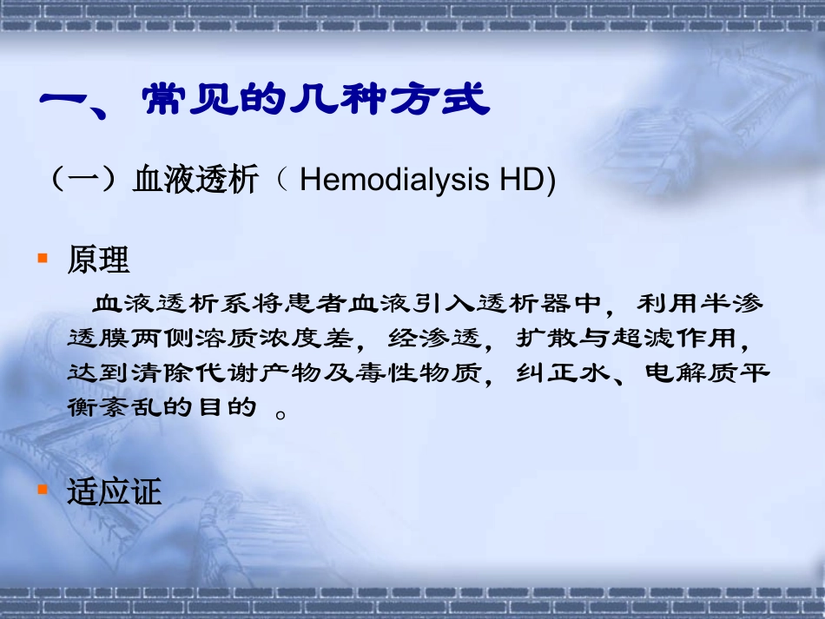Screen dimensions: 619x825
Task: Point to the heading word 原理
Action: pyautogui.click(x=98, y=260)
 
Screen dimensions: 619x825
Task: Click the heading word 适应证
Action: pyautogui.click(x=115, y=492)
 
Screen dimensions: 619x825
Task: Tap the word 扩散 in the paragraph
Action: pyautogui.click(x=538, y=338)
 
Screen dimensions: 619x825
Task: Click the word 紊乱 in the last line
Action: pyautogui.click(x=138, y=406)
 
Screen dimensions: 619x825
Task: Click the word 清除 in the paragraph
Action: pyautogui.click(x=160, y=372)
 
